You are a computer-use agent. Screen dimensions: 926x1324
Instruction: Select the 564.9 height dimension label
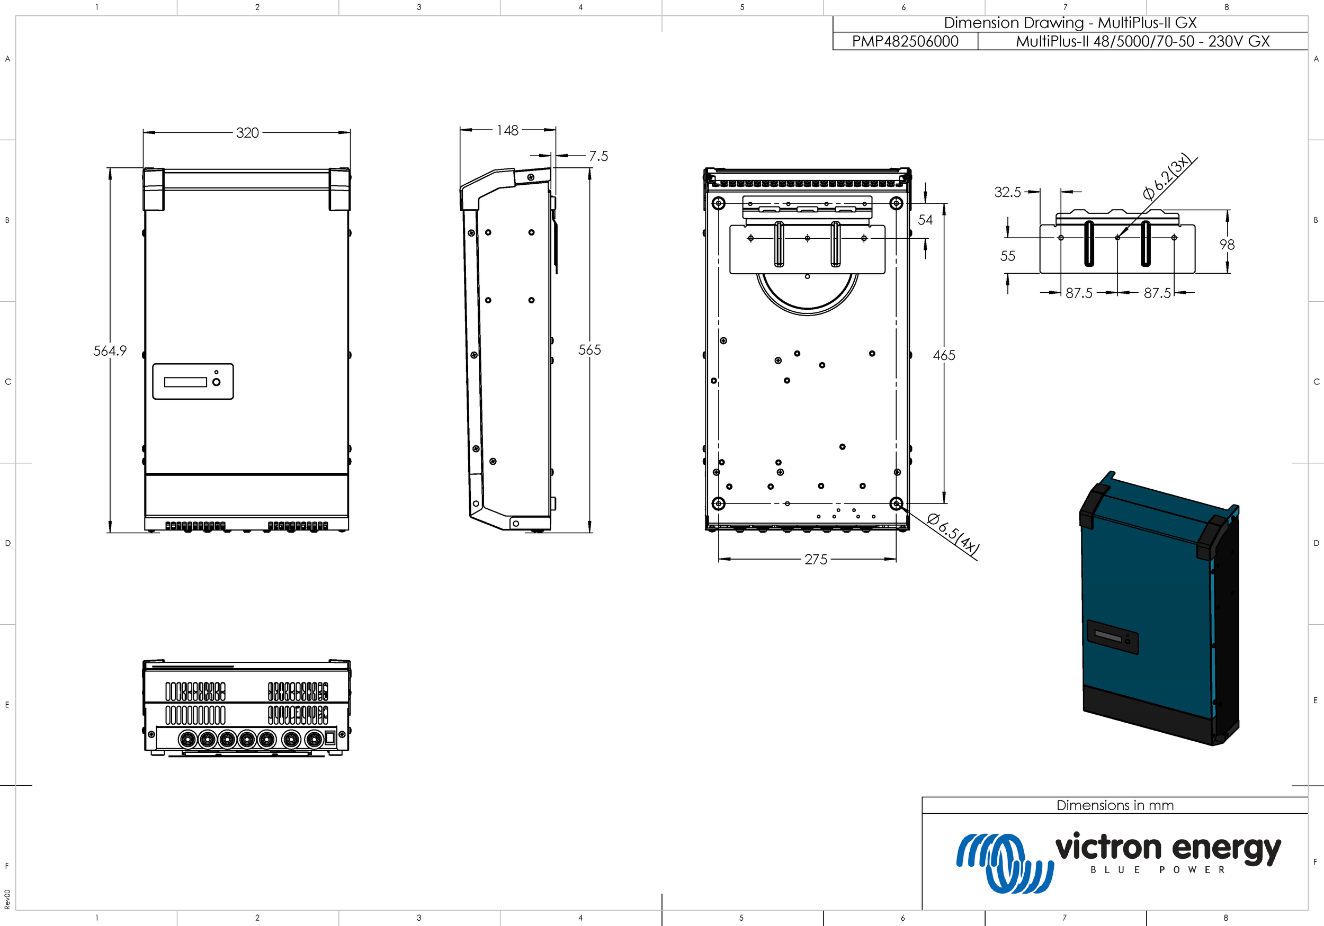tap(110, 350)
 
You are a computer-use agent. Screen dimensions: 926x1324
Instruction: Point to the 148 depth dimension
tap(507, 130)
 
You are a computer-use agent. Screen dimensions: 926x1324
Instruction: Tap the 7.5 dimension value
tap(598, 156)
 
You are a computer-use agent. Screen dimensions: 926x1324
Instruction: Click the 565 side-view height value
tap(589, 349)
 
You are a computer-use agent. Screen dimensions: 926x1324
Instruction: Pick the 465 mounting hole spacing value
tap(943, 355)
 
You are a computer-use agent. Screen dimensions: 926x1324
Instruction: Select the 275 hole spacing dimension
tap(816, 559)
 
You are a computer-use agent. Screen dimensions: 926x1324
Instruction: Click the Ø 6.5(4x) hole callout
tap(953, 535)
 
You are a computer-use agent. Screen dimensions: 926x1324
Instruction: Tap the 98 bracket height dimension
tap(1227, 245)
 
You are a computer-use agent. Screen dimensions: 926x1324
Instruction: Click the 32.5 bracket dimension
tap(1007, 192)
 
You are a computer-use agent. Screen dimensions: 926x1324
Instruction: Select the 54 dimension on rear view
tap(925, 220)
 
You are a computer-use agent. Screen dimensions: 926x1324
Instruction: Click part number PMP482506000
tap(905, 41)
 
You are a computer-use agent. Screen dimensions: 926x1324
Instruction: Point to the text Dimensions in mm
tap(1114, 805)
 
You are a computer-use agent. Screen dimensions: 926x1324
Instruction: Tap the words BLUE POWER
tap(1157, 870)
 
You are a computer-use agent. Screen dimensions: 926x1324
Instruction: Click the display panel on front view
tap(193, 381)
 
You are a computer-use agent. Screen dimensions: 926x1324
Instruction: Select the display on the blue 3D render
tap(1112, 636)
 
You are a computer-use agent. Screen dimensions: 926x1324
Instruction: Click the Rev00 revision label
tap(7, 900)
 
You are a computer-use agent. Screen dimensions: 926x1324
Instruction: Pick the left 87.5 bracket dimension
tap(1078, 293)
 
